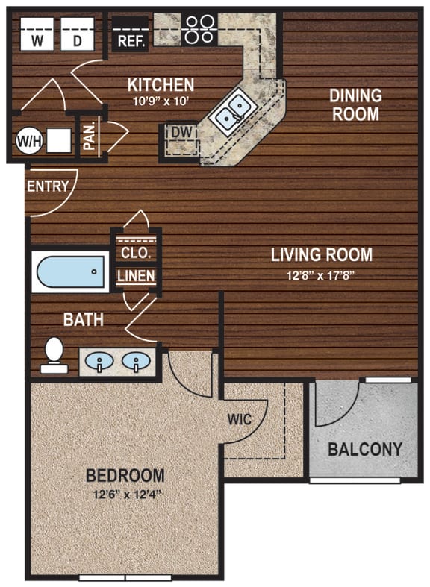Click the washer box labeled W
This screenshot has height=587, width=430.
(34, 37)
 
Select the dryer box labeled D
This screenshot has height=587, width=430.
(78, 37)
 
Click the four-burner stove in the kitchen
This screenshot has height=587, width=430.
(199, 29)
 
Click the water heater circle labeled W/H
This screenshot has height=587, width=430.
(28, 139)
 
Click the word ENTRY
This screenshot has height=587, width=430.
(48, 186)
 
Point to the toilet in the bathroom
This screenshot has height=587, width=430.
(54, 356)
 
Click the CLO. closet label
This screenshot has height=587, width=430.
(136, 252)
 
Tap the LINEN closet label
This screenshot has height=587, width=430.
(136, 276)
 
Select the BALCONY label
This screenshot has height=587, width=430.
(365, 449)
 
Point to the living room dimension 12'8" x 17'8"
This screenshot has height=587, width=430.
(321, 274)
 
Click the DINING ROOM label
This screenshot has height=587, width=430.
(355, 105)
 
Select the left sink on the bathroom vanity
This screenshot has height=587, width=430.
(99, 362)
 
